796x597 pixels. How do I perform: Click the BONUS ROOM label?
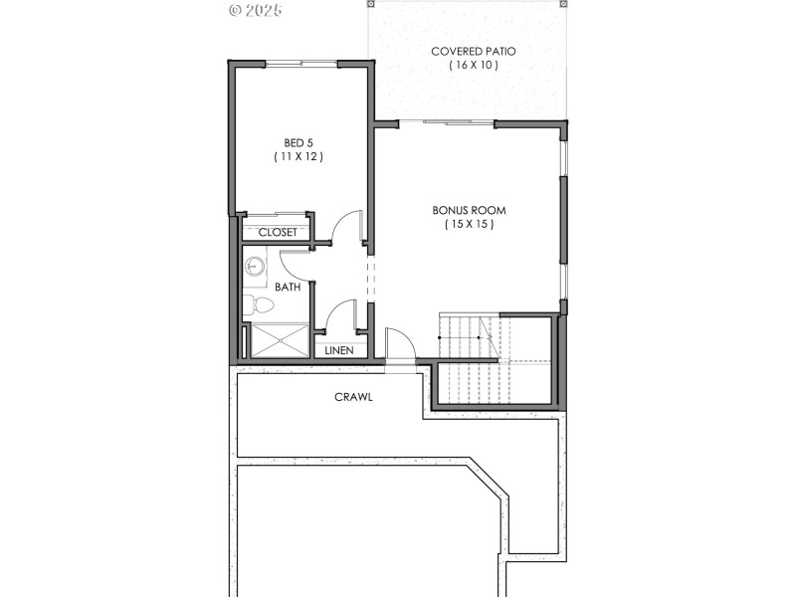click(x=469, y=210)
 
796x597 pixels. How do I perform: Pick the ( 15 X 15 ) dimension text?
click(x=469, y=225)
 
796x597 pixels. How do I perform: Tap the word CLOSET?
click(x=278, y=232)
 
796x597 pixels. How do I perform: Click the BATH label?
click(x=288, y=287)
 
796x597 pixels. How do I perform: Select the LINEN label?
click(x=339, y=350)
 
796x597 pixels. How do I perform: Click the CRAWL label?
click(x=353, y=397)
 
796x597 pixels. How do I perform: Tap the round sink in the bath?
click(x=255, y=266)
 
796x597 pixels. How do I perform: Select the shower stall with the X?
click(x=279, y=339)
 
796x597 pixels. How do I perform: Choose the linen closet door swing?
click(x=339, y=315)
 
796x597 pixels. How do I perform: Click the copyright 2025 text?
click(x=256, y=10)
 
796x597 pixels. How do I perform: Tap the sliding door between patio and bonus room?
click(x=459, y=123)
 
